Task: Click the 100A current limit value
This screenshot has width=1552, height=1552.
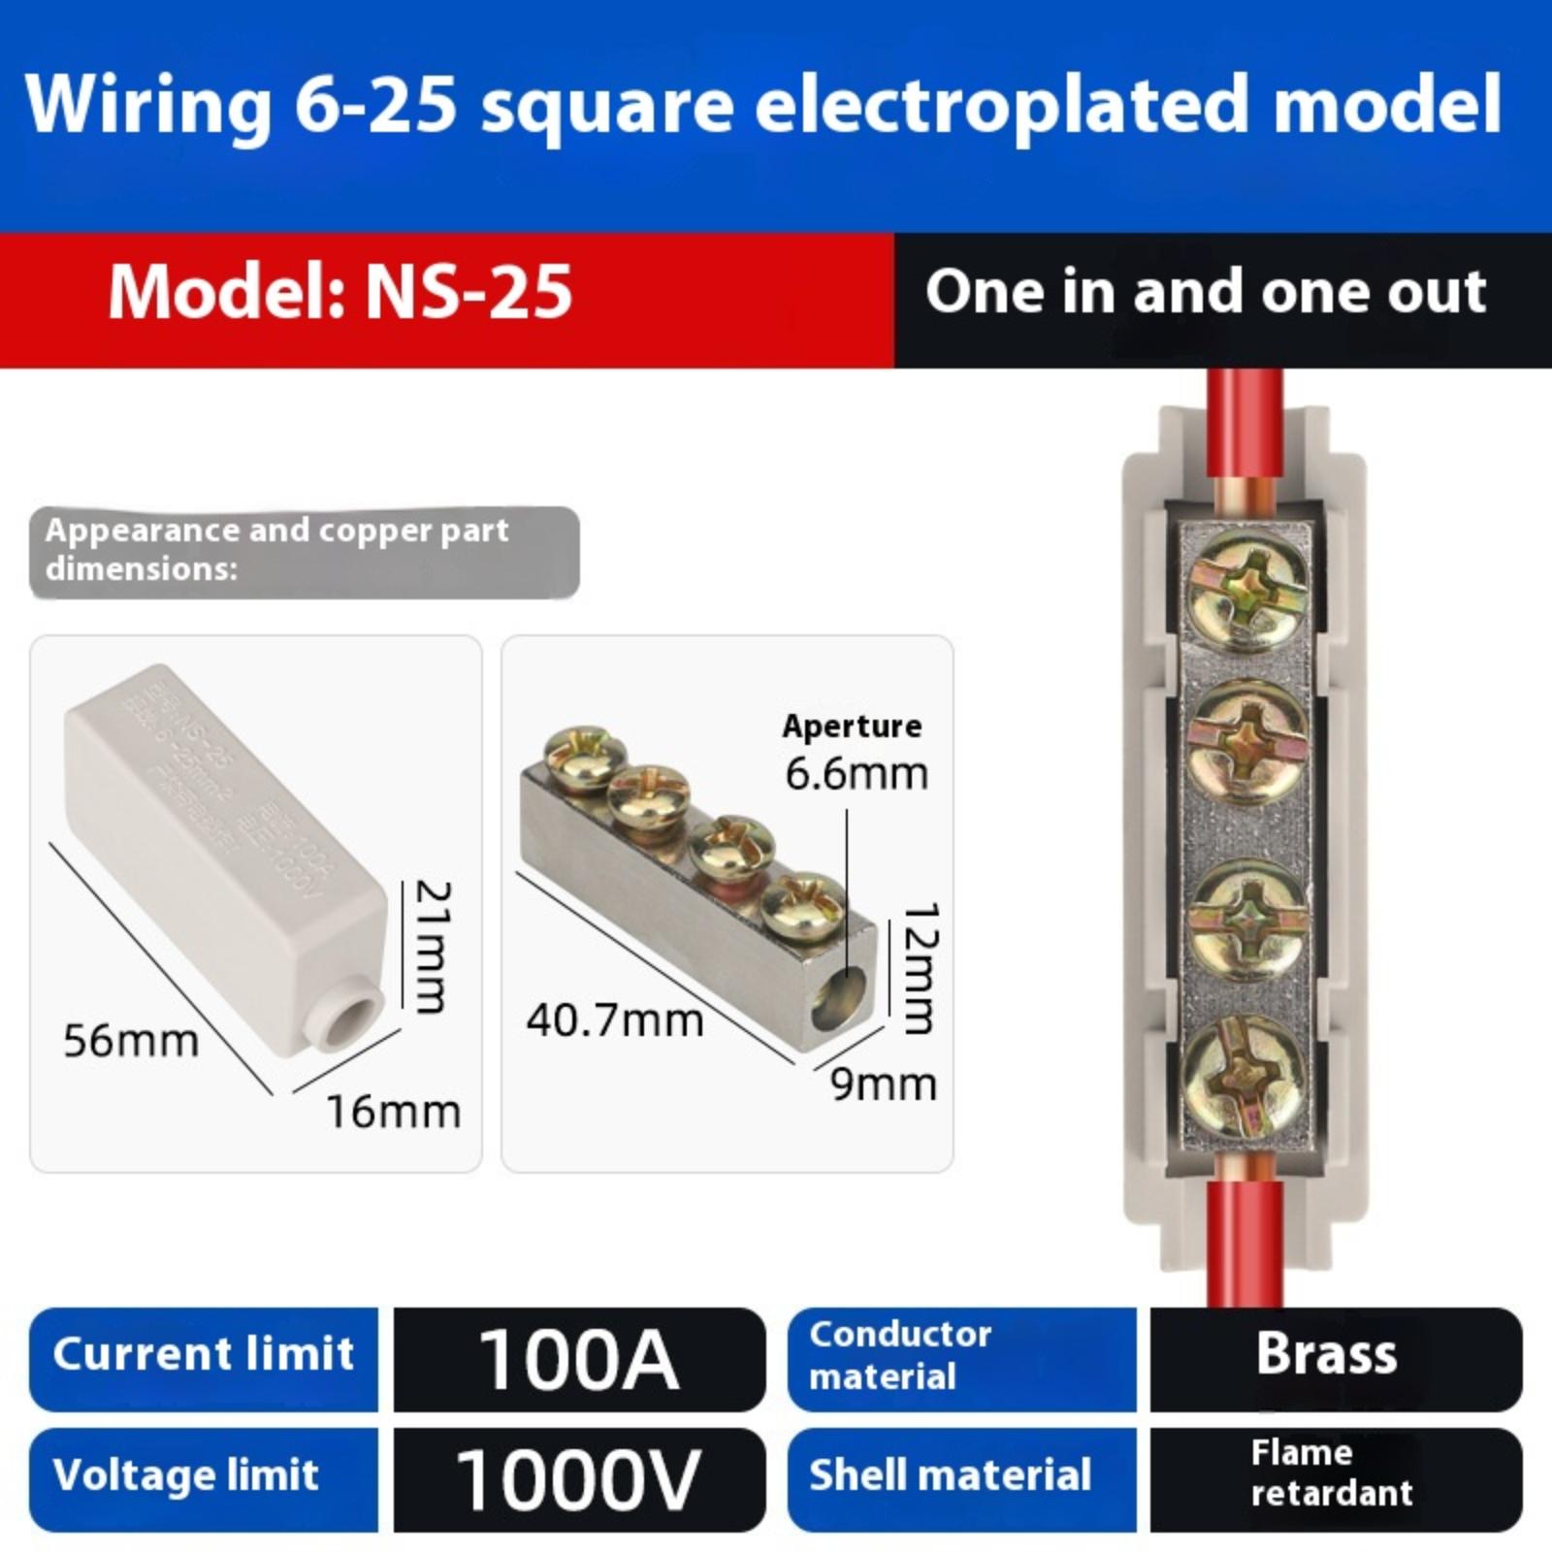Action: click(579, 1359)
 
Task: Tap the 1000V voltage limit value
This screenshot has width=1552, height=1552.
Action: click(579, 1479)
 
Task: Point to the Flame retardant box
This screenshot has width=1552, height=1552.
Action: click(1335, 1473)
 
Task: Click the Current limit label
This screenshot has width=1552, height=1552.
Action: click(204, 1354)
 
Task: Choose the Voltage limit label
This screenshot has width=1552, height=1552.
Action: click(186, 1475)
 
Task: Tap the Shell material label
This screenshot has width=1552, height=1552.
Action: click(951, 1475)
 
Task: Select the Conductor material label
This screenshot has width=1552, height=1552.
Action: click(900, 1355)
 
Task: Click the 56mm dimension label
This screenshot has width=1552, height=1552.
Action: click(131, 1041)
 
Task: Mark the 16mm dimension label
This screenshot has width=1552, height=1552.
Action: click(393, 1112)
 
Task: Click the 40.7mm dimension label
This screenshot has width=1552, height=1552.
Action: click(615, 1020)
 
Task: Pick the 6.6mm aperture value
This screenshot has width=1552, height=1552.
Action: click(857, 774)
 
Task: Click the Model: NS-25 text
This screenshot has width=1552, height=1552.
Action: click(340, 292)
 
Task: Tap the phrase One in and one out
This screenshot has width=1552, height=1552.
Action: click(1206, 292)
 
